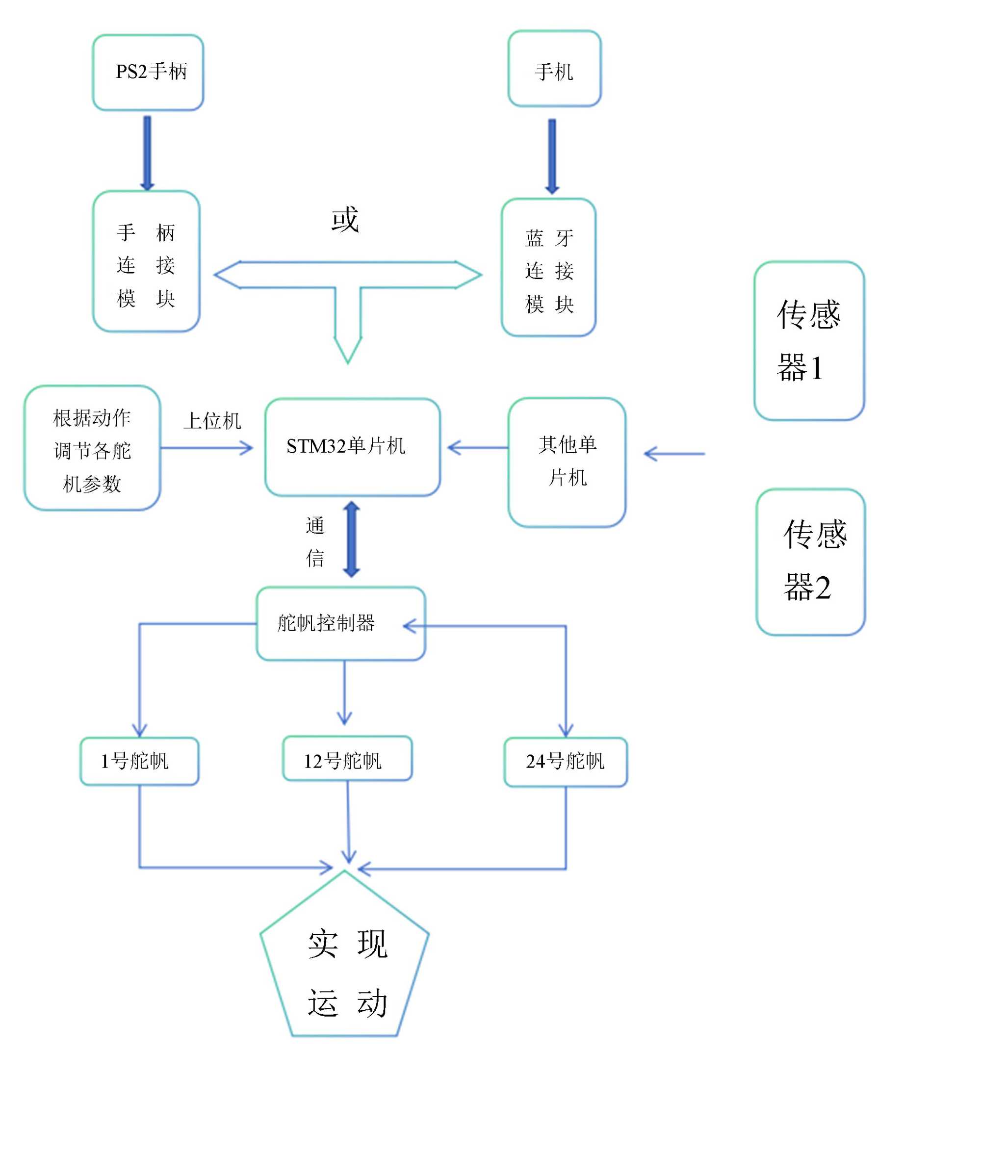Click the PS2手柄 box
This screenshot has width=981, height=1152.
148,72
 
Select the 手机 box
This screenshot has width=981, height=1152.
554,68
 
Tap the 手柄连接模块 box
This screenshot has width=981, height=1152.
146,261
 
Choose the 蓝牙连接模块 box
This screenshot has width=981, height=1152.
548,267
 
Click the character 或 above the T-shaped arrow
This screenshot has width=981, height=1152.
345,219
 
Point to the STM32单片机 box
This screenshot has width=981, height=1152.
352,447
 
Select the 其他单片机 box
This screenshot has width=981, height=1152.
567,462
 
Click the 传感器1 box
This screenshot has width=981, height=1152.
809,341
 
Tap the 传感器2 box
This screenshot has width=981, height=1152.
810,562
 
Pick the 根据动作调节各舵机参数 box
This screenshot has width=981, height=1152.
92,448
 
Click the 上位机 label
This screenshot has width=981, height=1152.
212,421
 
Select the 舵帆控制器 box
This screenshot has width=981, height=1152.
340,624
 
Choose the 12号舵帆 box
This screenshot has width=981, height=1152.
347,759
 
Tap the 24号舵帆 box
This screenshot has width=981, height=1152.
565,762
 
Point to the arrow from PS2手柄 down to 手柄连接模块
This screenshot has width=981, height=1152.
147,153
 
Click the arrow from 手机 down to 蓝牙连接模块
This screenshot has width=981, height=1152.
552,155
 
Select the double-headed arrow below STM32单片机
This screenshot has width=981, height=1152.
352,539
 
